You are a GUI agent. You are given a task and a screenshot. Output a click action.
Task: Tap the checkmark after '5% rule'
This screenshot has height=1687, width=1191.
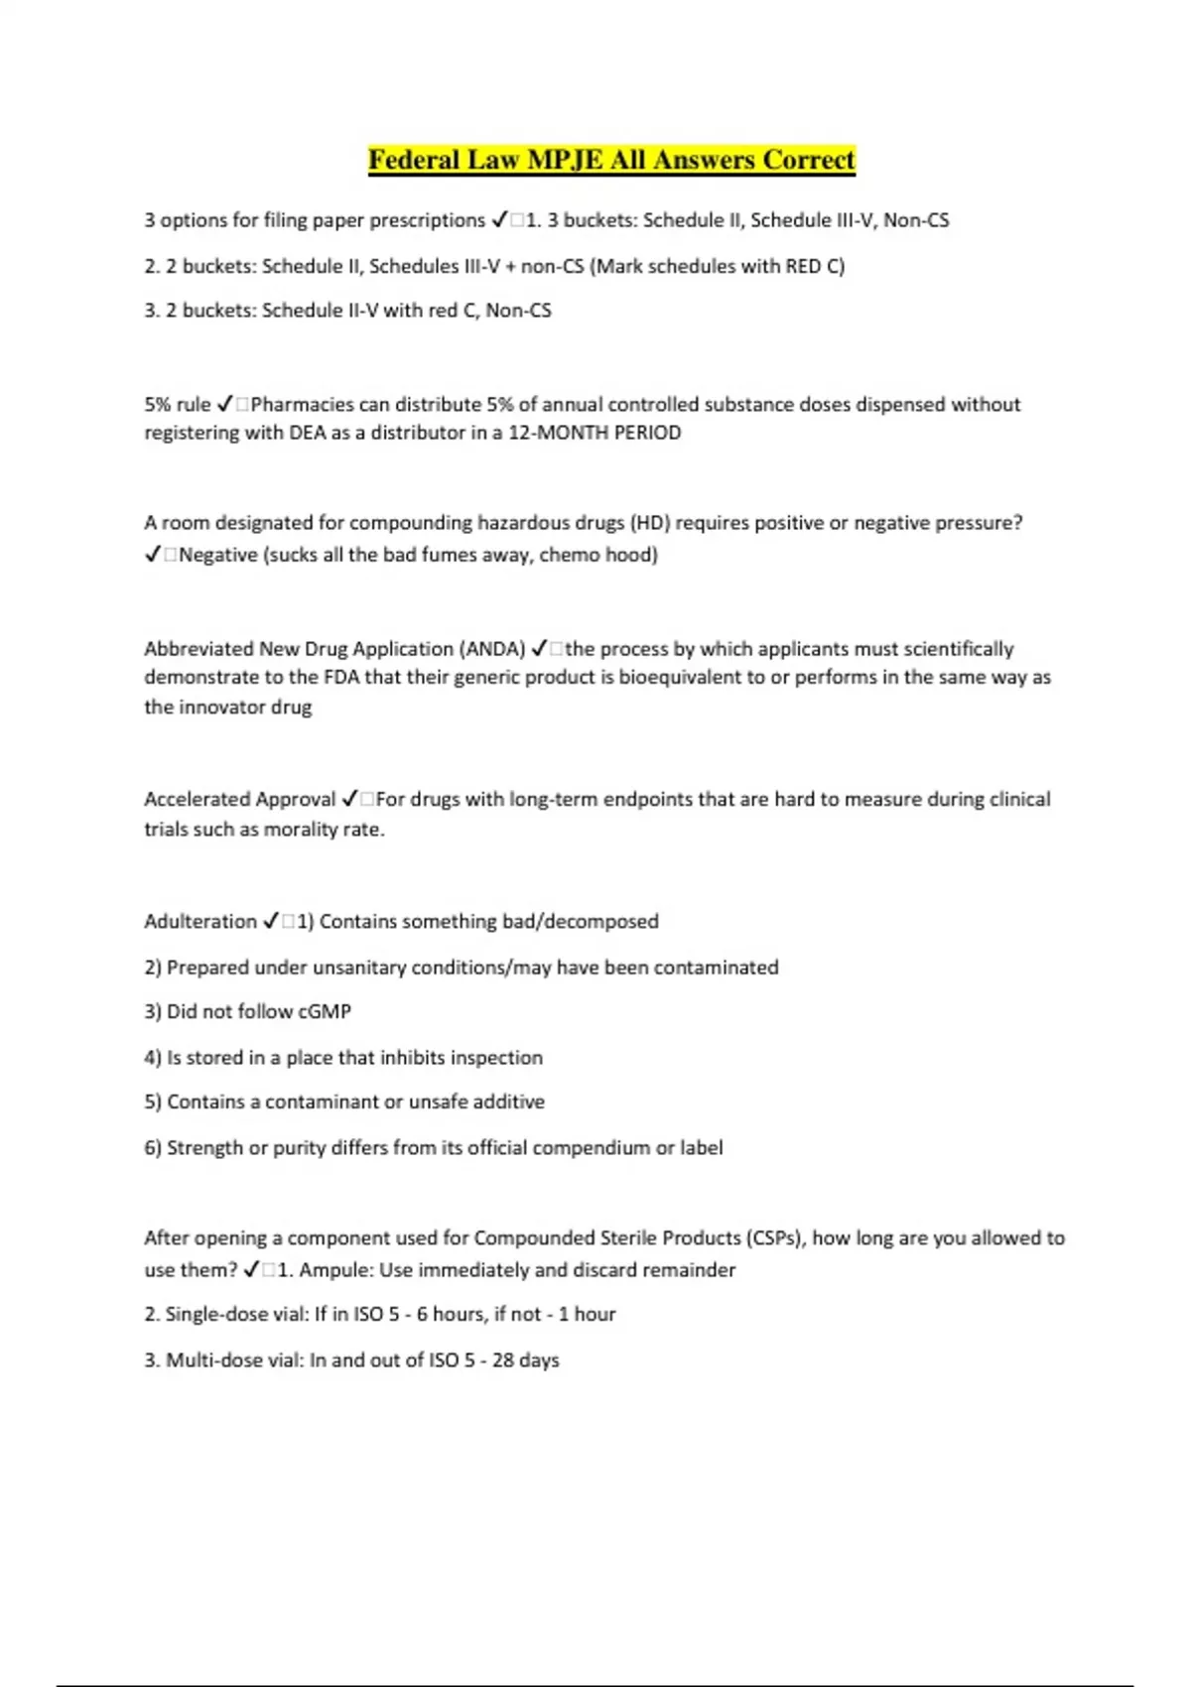coord(224,404)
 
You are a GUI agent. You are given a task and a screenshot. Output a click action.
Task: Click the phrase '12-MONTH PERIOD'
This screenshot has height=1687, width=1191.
coord(595,433)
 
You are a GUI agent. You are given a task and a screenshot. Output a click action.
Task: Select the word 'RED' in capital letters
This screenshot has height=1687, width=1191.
coord(803,266)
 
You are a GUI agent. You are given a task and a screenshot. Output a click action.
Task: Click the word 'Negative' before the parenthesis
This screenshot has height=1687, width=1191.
coord(218,555)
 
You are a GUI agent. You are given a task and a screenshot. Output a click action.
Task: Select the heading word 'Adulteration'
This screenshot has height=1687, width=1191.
coord(200,922)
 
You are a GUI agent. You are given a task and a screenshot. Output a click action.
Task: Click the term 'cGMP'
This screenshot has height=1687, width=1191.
coord(325,1012)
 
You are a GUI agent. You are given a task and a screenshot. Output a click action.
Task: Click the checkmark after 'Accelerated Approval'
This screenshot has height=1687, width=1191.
coord(350,799)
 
